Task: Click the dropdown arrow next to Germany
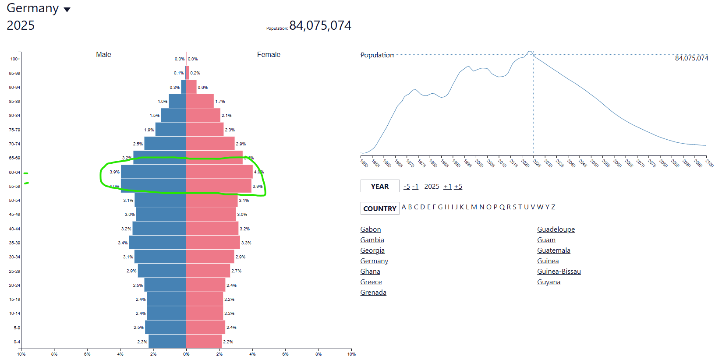[x=67, y=10]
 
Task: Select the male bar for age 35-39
[x=158, y=243]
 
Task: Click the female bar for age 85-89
[x=200, y=101]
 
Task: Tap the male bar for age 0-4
[x=167, y=342]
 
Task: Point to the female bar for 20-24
[x=205, y=285]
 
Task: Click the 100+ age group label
[x=15, y=59]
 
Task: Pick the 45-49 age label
[x=14, y=215]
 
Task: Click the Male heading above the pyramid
[x=103, y=54]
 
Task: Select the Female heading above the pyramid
[x=269, y=54]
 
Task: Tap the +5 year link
[x=458, y=187]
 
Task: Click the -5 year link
[x=407, y=187]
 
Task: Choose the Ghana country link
[x=370, y=272]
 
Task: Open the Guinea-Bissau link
[x=559, y=272]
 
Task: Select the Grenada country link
[x=373, y=293]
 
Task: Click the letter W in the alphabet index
[x=540, y=207]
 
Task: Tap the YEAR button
[x=380, y=186]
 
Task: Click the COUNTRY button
[x=380, y=208]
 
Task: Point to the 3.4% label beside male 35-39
[x=123, y=243]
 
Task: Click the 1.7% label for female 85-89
[x=220, y=102]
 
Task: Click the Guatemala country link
[x=554, y=251]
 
